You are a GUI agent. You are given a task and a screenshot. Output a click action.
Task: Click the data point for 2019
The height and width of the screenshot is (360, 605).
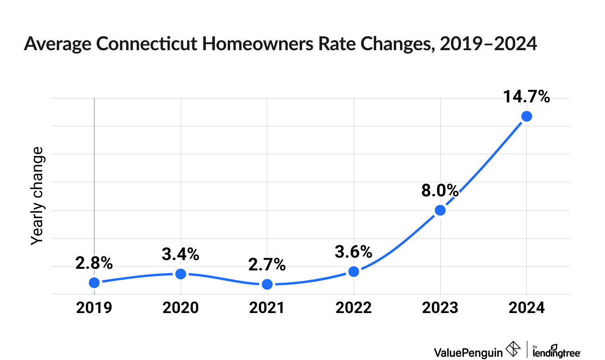click(x=94, y=283)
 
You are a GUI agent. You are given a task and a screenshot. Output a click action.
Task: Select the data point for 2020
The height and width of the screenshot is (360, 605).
click(x=181, y=274)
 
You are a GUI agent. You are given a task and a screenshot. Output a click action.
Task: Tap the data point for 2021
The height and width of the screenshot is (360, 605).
click(x=267, y=284)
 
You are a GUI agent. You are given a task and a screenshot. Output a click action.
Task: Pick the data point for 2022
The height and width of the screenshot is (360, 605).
click(x=354, y=272)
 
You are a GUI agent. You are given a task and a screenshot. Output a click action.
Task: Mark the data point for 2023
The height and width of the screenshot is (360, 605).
click(x=440, y=210)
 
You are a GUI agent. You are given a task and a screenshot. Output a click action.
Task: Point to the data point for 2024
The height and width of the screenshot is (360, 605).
click(x=527, y=116)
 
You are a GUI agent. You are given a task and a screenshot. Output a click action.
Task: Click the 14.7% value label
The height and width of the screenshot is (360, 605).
click(x=526, y=97)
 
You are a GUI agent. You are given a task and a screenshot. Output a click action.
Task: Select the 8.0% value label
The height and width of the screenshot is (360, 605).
click(x=440, y=191)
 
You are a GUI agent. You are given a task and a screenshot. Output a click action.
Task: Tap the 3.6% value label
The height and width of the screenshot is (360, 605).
click(x=353, y=252)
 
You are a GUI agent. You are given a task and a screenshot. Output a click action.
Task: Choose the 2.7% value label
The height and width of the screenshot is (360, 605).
click(x=267, y=264)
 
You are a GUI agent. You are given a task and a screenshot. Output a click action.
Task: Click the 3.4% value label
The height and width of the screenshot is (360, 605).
click(x=180, y=254)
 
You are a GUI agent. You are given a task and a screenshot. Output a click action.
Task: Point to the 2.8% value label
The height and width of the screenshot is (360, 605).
click(x=94, y=263)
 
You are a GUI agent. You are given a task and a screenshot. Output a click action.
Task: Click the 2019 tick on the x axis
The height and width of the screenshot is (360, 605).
click(x=94, y=308)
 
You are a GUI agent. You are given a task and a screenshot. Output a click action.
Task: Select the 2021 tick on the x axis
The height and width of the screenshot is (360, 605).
click(x=267, y=308)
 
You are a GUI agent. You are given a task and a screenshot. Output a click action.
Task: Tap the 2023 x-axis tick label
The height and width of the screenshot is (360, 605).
click(x=440, y=308)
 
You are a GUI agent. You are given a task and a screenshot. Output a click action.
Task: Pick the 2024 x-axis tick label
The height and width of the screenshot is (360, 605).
click(x=527, y=308)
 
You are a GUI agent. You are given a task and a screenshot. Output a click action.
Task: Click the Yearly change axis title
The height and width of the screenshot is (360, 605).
click(x=37, y=196)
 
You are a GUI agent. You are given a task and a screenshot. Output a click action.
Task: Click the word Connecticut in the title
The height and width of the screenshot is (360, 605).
click(x=146, y=44)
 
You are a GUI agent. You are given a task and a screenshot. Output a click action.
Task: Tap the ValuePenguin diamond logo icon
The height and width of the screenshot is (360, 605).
click(x=513, y=349)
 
